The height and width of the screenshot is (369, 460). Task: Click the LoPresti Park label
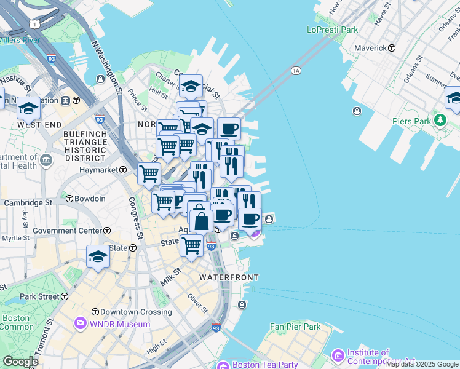tap(332, 30)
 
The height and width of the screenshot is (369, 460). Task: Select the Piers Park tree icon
tap(440, 120)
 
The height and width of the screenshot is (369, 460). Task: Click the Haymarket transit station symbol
tap(123, 170)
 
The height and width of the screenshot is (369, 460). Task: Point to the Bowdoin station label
tap(89, 199)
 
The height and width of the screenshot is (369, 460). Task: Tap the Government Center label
tap(67, 231)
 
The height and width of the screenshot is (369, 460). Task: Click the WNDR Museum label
tap(120, 324)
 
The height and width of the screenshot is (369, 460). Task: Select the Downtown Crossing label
tap(136, 312)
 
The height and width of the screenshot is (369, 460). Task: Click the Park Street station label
tap(39, 296)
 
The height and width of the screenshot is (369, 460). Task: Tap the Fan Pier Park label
tap(295, 327)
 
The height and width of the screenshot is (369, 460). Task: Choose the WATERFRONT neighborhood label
tap(229, 278)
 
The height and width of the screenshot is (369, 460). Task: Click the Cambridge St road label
tap(28, 202)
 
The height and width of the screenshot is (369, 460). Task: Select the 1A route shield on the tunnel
tap(296, 71)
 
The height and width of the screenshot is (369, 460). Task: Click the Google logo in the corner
tap(21, 362)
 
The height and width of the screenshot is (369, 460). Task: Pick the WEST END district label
tap(39, 125)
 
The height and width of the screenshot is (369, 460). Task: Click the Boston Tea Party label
tap(264, 365)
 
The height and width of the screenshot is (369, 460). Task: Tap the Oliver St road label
tap(198, 303)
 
